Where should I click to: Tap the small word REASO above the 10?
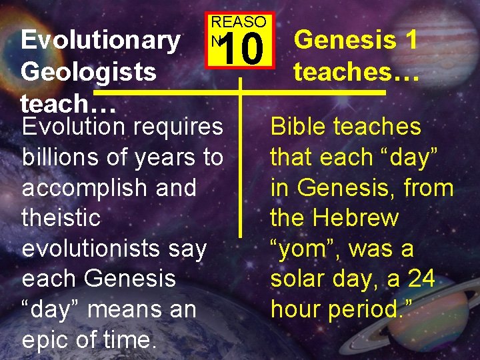coord(238,21)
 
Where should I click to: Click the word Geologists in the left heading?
coord(89,71)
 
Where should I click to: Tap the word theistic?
coord(61,217)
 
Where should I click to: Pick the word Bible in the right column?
coord(299,127)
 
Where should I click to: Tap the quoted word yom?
coord(304,249)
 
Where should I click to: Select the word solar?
coord(299,279)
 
